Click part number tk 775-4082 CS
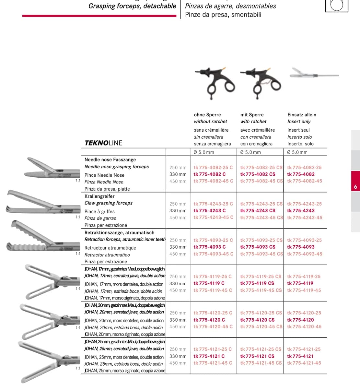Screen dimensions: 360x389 [258, 174]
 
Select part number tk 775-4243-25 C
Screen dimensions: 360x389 [213, 204]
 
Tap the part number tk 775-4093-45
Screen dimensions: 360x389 [305, 254]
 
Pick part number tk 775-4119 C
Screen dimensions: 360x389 [209, 283]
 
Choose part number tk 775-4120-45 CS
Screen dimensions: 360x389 [261, 326]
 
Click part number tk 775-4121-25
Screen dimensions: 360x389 [304, 349]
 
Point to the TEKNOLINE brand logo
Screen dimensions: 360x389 [103, 143]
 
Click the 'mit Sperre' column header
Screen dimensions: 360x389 [252, 114]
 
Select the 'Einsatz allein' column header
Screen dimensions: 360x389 [302, 114]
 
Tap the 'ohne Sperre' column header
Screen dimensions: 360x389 [207, 114]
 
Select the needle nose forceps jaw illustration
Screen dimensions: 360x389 [52, 168]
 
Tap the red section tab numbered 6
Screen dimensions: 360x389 [355, 181]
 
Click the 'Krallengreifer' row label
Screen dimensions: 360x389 [99, 196]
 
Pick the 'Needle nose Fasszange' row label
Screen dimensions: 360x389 [110, 159]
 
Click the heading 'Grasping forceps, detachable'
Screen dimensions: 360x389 [132, 6]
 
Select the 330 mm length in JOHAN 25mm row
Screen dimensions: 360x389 [178, 356]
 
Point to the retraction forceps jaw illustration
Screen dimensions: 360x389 [43, 236]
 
